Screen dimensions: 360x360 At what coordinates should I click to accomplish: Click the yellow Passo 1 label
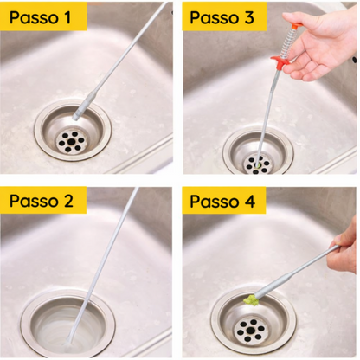pyautogui.click(x=43, y=16)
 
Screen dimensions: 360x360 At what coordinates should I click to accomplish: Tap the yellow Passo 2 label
pyautogui.click(x=43, y=200)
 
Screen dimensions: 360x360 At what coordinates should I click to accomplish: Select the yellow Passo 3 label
pyautogui.click(x=224, y=16)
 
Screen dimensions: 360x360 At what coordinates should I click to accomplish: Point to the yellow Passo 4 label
pyautogui.click(x=224, y=201)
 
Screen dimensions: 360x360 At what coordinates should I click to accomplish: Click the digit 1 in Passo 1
pyautogui.click(x=67, y=17)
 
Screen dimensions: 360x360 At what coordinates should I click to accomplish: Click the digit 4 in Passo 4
pyautogui.click(x=250, y=201)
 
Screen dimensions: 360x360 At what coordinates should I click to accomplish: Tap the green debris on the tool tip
pyautogui.click(x=250, y=300)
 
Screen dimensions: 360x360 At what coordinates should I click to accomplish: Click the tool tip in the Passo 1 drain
pyautogui.click(x=76, y=116)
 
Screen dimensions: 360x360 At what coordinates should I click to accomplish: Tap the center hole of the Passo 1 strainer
pyautogui.click(x=70, y=142)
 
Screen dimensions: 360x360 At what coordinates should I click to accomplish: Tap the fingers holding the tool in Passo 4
pyautogui.click(x=344, y=248)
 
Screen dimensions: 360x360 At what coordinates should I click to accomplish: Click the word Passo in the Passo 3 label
pyautogui.click(x=213, y=17)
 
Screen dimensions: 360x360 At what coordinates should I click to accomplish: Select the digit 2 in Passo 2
pyautogui.click(x=68, y=201)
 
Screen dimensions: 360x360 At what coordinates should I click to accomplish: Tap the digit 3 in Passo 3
pyautogui.click(x=249, y=17)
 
